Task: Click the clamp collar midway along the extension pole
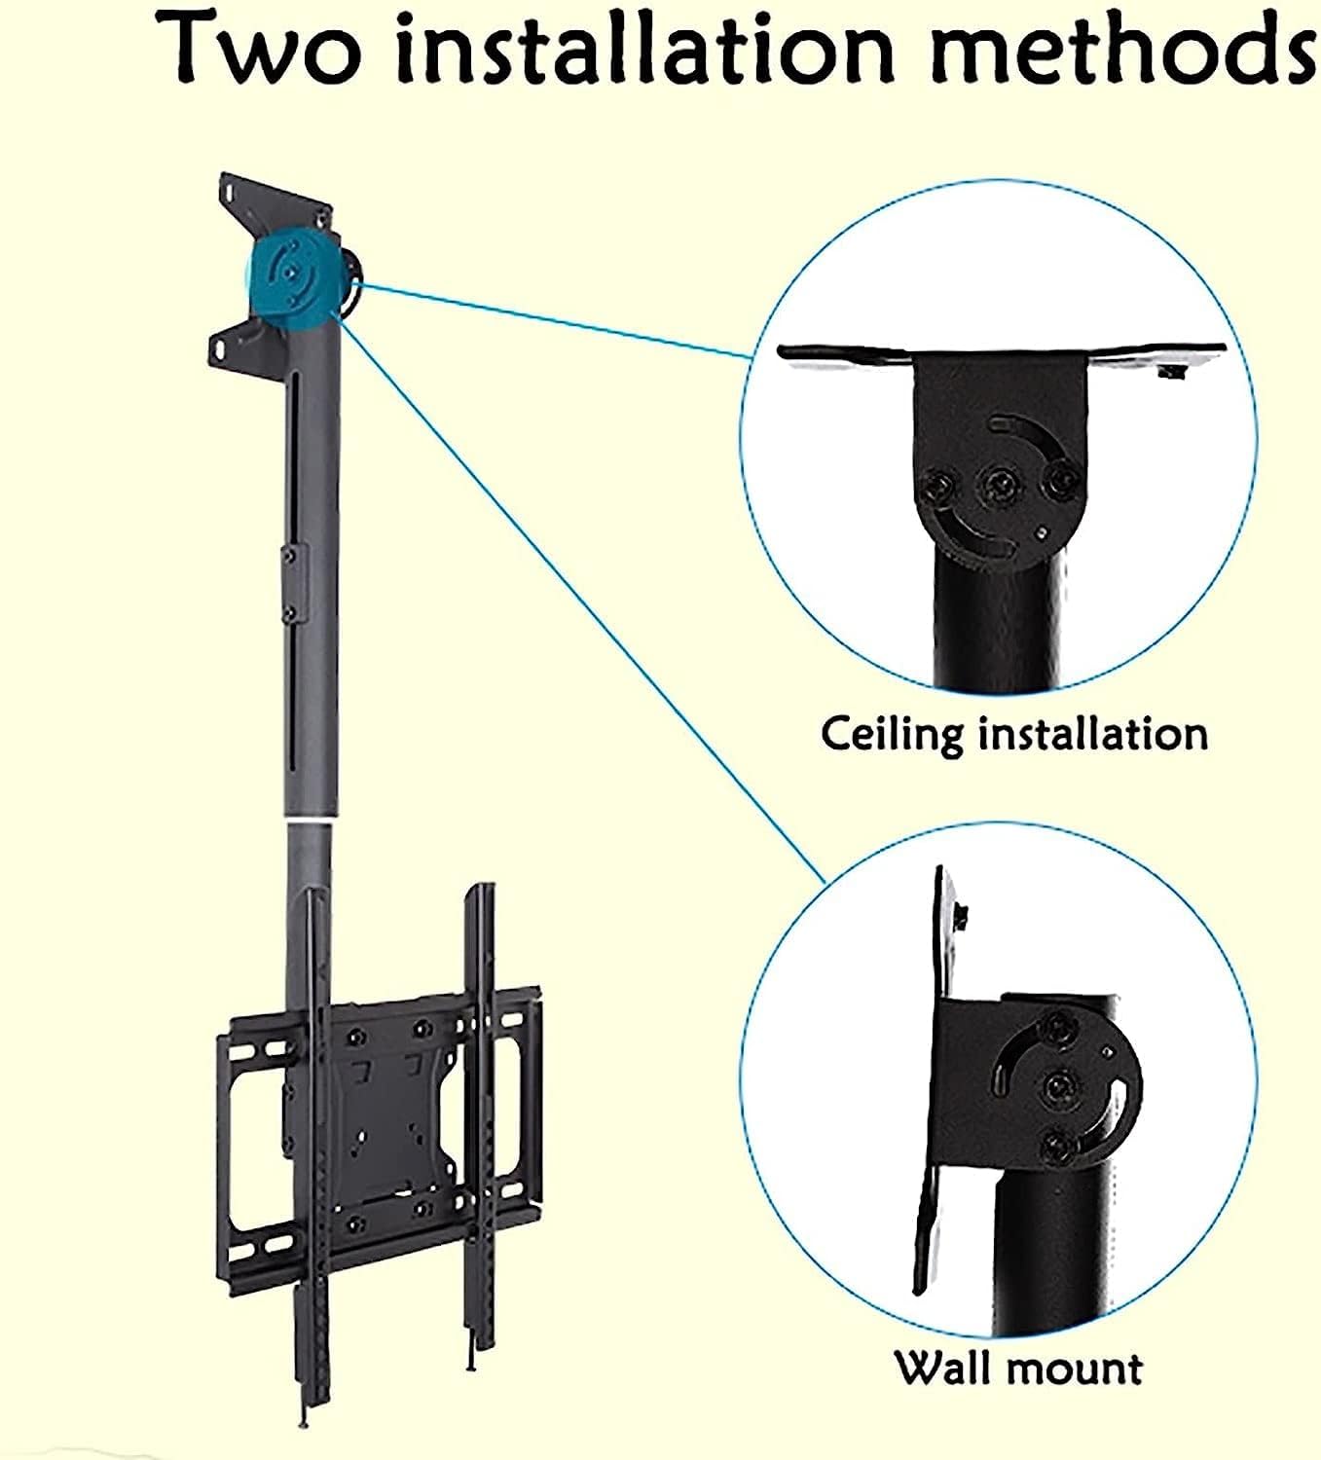[x=289, y=584]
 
